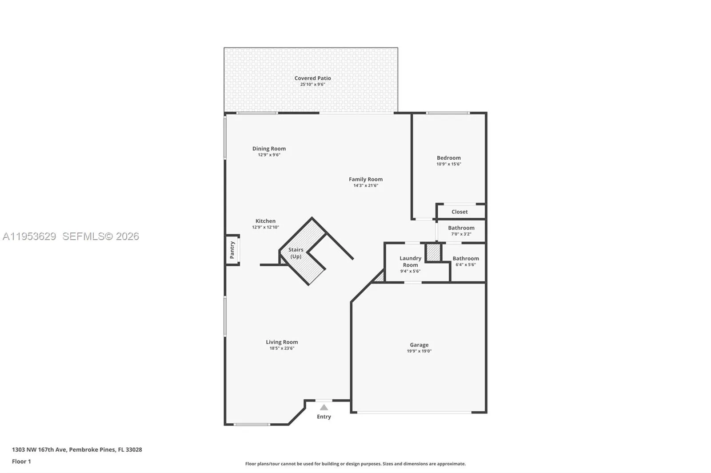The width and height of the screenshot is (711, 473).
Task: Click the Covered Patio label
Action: [312, 78]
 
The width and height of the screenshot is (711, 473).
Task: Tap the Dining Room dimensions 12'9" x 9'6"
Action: [269, 155]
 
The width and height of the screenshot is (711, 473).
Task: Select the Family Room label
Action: [365, 179]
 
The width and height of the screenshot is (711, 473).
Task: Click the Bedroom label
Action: [448, 158]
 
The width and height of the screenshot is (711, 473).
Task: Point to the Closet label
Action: [459, 212]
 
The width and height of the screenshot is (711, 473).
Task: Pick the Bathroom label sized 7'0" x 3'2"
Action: [461, 228]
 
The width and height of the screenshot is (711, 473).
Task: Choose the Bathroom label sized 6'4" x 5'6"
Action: [465, 258]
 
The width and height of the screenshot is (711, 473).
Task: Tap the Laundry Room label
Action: [410, 261]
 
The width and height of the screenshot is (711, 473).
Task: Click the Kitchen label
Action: [265, 221]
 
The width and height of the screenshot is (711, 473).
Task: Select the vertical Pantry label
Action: [232, 250]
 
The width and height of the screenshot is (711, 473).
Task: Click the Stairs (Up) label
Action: [296, 253]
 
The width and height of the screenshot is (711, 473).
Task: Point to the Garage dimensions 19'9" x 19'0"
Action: [419, 351]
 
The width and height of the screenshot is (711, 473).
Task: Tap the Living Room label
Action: [282, 342]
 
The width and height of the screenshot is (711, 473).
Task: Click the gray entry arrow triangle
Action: [324, 407]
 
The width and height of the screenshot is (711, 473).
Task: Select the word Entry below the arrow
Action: [324, 417]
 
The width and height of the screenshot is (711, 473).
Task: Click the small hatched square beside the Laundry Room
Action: [433, 252]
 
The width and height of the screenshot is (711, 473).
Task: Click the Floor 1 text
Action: [21, 461]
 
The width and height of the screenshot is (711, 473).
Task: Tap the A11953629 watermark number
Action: [29, 236]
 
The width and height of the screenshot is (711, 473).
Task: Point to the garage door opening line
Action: [414, 413]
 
